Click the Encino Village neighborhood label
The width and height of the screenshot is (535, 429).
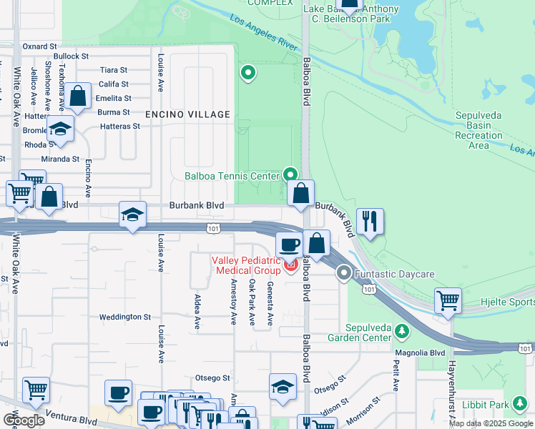point(187,114)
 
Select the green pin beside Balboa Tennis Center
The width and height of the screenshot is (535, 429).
point(290,174)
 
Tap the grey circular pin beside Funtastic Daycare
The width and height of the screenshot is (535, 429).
point(345,272)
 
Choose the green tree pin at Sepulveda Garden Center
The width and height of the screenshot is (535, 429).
point(402,331)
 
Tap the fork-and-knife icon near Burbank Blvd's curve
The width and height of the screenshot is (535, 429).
point(370,221)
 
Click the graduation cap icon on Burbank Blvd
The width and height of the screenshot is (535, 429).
point(132,214)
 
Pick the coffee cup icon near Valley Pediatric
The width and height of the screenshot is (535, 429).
point(290,245)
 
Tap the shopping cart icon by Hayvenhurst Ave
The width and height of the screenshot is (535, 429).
point(448,300)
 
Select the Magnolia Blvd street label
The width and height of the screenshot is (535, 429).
point(420,352)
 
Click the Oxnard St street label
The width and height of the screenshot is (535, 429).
point(39,46)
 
